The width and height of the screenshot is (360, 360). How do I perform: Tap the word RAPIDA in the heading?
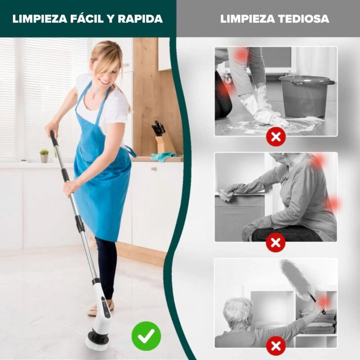(140, 19)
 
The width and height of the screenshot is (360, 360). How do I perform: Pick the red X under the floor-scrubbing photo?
(275, 136)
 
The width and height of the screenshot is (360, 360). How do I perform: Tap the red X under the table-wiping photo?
(275, 243)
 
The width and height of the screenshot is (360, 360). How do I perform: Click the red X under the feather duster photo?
(275, 346)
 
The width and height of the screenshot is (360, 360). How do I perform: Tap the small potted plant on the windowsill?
(44, 156)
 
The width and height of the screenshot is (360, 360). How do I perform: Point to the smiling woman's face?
(108, 71)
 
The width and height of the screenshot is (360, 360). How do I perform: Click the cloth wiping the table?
(225, 194)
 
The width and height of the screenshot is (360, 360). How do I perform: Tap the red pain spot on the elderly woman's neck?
(318, 161)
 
